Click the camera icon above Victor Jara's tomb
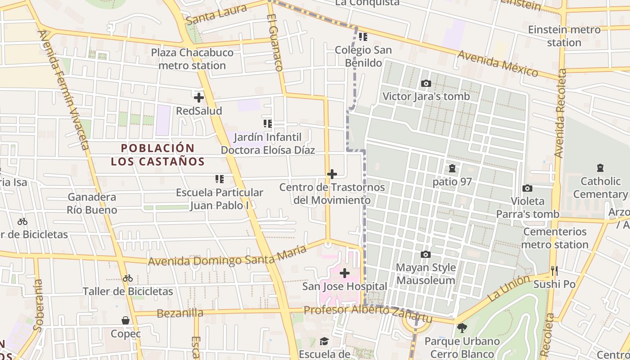426,83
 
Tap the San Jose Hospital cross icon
345,273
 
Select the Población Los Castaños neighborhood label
158,154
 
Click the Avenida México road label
497,63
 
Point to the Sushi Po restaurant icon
554,270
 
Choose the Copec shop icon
126,320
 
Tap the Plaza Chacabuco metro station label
192,59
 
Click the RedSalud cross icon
198,97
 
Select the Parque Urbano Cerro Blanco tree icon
462,328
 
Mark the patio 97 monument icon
452,168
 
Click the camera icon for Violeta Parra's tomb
527,188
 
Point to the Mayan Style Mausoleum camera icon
426,254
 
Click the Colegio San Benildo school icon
363,36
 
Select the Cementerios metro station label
555,238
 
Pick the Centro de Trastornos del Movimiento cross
332,174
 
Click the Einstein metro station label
564,36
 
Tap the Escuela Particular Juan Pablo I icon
220,179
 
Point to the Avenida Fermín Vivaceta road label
69,90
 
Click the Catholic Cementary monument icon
600,168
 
